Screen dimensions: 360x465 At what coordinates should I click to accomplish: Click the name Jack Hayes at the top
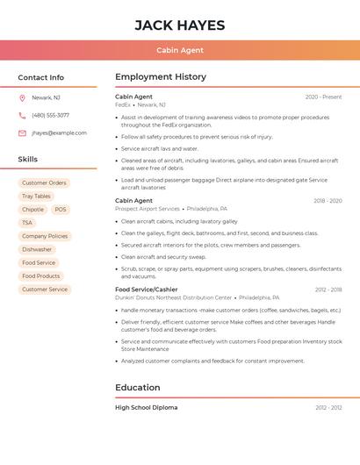pos(180,25)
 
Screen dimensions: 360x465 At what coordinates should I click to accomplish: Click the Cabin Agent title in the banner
pos(180,51)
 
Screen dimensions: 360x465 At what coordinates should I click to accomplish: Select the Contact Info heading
pos(40,77)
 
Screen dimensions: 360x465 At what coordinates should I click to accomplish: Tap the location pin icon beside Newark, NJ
pos(22,97)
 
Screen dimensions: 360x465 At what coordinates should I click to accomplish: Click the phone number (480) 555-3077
pos(50,115)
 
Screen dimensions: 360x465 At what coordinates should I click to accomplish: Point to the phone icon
pos(22,115)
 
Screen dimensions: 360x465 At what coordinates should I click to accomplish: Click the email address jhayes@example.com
pos(59,133)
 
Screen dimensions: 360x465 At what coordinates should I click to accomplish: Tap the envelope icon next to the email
pos(22,133)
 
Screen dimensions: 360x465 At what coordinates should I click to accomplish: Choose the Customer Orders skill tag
pos(44,183)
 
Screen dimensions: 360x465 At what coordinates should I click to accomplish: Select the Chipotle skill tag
pos(32,210)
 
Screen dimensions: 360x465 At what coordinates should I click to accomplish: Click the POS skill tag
pos(60,210)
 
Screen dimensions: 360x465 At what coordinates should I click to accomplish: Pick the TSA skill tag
pos(27,223)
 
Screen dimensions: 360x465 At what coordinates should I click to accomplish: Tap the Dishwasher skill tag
pos(37,249)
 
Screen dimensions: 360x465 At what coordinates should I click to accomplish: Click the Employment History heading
pos(161,77)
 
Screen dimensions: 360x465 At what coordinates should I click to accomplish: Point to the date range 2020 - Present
pos(323,97)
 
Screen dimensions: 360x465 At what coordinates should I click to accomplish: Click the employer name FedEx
pos(123,104)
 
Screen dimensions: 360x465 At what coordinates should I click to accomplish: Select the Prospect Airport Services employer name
pos(148,209)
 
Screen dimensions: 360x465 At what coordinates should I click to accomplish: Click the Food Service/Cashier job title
pos(147,290)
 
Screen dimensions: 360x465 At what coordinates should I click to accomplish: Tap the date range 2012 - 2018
pos(328,290)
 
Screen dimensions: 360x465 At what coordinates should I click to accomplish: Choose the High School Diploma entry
pos(147,407)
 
